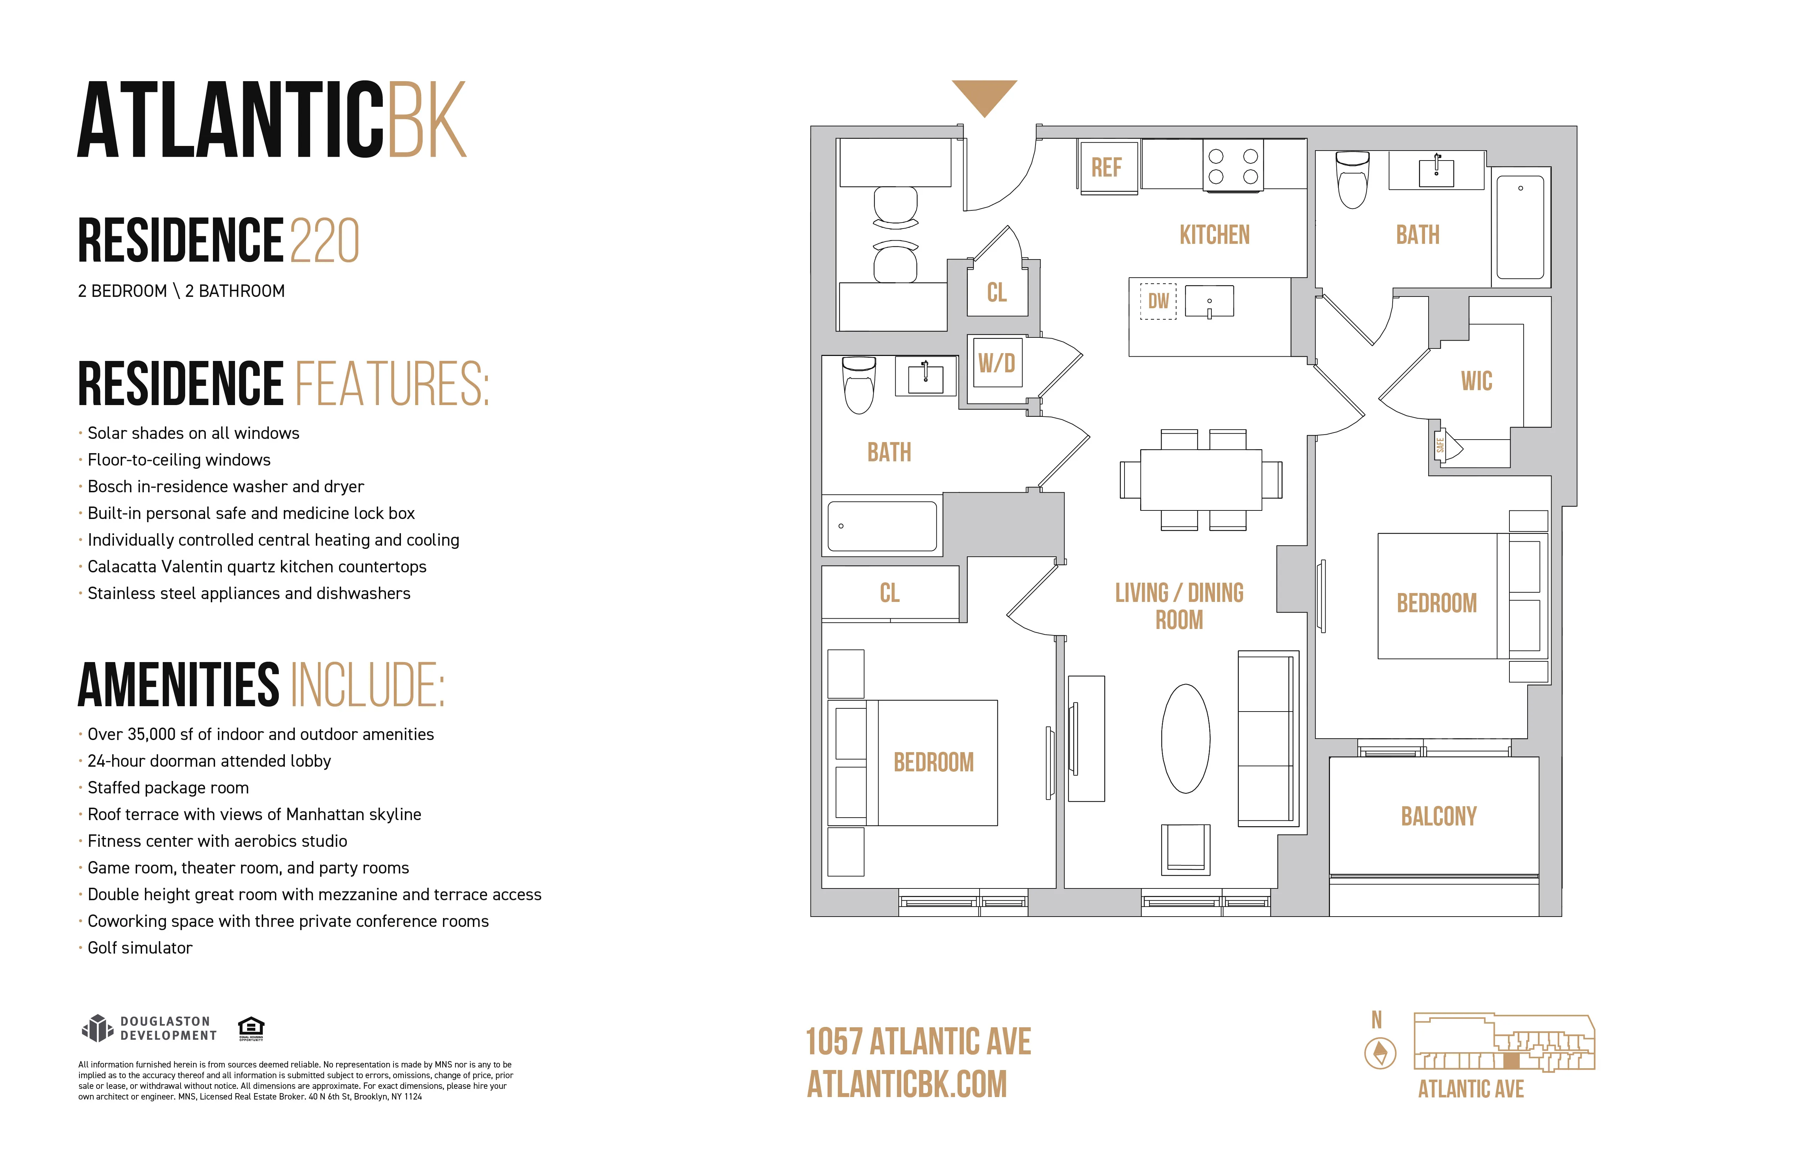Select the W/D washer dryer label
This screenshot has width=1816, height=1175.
tap(997, 363)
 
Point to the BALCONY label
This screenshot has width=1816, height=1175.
tap(1438, 817)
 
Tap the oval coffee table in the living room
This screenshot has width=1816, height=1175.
tap(1185, 739)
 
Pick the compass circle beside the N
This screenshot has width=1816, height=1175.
tap(1379, 1054)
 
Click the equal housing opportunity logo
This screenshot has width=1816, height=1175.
tap(251, 1028)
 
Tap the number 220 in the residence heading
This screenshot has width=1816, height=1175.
tap(324, 241)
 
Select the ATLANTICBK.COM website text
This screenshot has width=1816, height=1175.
tap(907, 1084)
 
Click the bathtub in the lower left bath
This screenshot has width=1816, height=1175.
tap(882, 526)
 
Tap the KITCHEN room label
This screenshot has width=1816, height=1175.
tap(1214, 235)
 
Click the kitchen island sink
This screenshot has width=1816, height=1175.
tap(1209, 301)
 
